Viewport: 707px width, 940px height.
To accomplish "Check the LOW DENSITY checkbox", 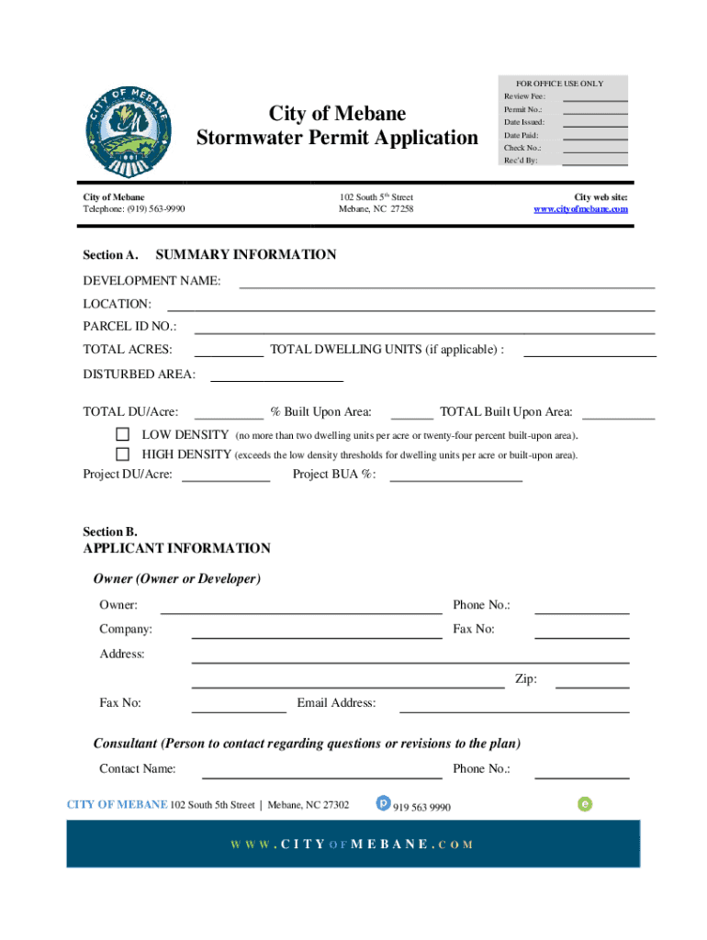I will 122,434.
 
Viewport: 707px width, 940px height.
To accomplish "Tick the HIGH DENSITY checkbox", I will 122,454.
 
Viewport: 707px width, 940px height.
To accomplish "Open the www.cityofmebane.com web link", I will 581,209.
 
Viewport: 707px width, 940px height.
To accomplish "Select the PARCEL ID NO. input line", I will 424,331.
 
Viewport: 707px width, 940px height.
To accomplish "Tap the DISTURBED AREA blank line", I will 277,378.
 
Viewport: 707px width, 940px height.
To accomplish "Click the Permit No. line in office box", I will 594,112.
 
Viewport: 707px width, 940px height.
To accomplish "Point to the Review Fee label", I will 523,96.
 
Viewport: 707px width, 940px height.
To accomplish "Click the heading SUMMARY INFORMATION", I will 246,255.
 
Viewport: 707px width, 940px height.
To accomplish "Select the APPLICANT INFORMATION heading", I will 176,549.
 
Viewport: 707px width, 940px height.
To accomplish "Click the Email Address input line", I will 514,710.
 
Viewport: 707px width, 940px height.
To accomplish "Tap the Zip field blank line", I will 592,686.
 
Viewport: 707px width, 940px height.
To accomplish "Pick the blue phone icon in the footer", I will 384,803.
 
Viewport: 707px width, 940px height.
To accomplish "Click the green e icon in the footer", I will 585,804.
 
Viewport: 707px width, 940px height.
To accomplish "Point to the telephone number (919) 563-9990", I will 134,209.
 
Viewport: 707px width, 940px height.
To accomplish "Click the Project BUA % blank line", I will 456,479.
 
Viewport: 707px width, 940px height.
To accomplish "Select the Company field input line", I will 316,635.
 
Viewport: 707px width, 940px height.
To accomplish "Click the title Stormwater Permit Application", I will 337,138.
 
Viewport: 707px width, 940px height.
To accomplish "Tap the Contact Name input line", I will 321,776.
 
